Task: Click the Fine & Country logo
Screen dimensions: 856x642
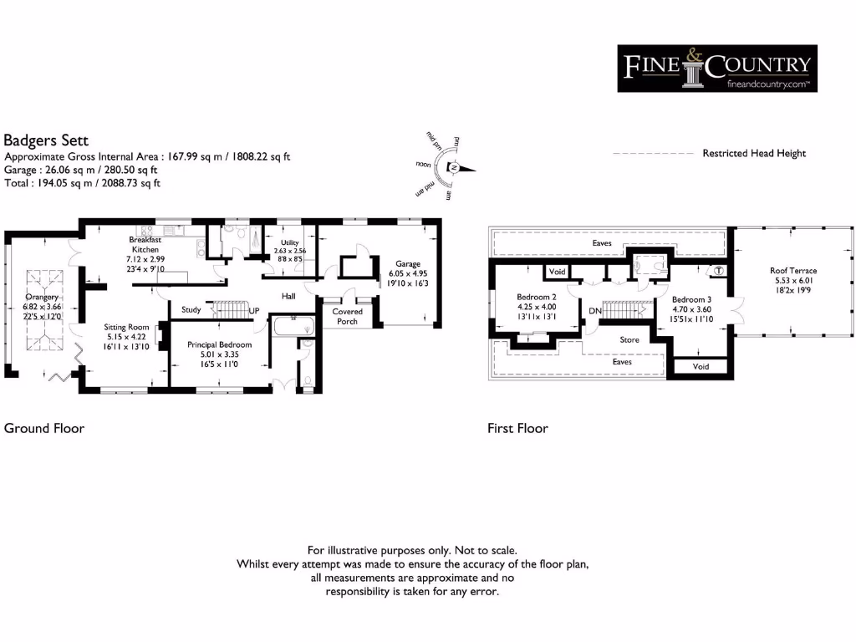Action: (716, 68)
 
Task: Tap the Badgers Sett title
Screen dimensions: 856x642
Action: (46, 140)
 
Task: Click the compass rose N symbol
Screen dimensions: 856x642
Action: (453, 167)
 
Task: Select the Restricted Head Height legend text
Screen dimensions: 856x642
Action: (754, 154)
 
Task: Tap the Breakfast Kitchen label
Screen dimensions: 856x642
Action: (144, 244)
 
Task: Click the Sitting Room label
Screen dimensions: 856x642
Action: (125, 327)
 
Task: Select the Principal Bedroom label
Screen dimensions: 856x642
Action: (219, 344)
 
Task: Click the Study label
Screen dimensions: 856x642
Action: (191, 310)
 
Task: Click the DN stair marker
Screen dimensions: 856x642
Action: (595, 311)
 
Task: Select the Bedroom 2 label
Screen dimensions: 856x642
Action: (536, 298)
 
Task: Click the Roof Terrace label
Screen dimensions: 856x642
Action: (793, 271)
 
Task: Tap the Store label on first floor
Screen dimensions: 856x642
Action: (629, 340)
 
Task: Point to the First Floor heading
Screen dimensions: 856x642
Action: (517, 428)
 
